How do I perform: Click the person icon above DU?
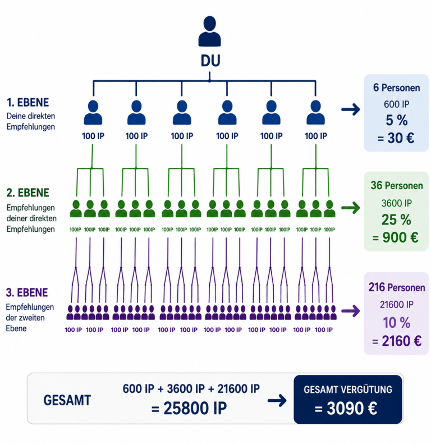(209, 31)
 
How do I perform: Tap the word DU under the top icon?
(210, 61)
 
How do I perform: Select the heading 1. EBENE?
(27, 103)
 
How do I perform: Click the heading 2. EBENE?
(27, 193)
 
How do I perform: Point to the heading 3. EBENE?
(27, 292)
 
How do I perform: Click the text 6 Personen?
(396, 88)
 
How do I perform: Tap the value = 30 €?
(396, 138)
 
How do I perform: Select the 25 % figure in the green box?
(396, 219)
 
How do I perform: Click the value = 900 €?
(395, 237)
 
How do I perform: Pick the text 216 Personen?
(396, 287)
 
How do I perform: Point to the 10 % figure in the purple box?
(396, 323)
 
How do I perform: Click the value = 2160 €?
(396, 341)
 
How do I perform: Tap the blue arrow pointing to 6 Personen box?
(351, 109)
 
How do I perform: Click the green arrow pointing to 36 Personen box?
(351, 208)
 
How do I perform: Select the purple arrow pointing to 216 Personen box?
(351, 311)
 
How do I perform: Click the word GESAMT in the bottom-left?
(67, 400)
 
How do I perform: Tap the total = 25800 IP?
(189, 408)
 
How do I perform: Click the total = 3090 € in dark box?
(346, 409)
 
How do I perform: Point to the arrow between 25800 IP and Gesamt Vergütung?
(277, 400)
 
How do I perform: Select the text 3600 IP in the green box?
(396, 203)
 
